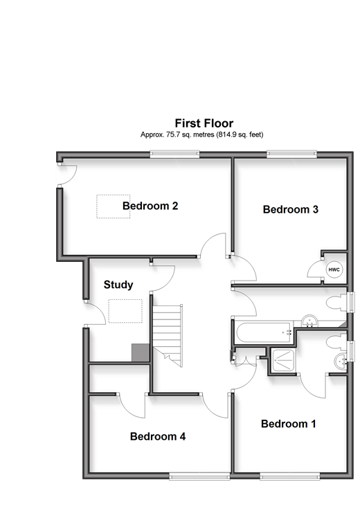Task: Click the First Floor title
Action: pos(204,123)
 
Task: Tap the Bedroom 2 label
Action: pos(150,206)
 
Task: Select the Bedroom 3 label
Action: pos(291,209)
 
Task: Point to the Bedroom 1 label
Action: pos(288,424)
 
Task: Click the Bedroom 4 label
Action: pos(158,436)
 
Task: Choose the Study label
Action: pos(118,285)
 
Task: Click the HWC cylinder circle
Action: pos(334,269)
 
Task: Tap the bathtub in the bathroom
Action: pos(264,332)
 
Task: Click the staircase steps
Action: pos(167,335)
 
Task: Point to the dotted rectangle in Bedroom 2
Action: pos(114,206)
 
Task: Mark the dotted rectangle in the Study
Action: pos(125,311)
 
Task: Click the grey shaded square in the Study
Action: pos(141,353)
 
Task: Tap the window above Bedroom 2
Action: pos(175,154)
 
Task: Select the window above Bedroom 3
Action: pos(291,154)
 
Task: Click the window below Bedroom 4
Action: pos(199,477)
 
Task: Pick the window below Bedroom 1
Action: pos(290,477)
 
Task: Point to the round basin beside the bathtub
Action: pos(309,321)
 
